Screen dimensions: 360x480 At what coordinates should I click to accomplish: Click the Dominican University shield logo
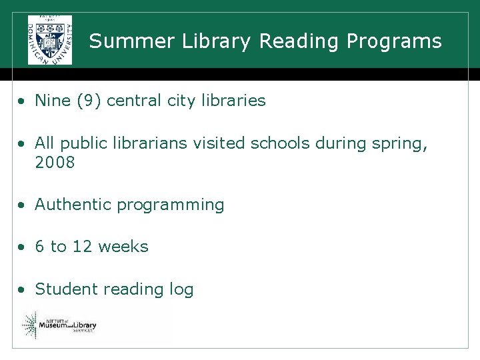50,39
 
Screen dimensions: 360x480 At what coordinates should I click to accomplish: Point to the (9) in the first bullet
89,101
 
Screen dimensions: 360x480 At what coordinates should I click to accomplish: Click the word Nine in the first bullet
53,101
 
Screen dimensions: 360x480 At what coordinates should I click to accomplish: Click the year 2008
55,163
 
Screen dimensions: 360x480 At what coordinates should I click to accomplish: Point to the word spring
400,144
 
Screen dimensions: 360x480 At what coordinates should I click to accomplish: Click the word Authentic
73,205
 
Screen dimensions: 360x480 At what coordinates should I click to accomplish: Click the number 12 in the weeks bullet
82,247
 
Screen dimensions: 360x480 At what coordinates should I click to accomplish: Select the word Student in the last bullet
63,289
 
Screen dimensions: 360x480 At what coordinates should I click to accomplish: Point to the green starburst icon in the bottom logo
30,325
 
